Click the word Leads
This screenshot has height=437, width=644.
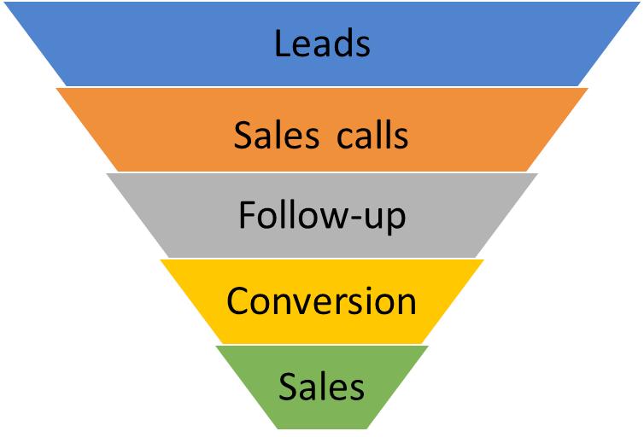point(322,43)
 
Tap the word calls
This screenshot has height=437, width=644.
point(369,134)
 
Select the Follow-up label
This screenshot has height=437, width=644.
point(322,217)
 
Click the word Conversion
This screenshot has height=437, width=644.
point(322,300)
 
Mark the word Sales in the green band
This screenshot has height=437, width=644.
point(322,387)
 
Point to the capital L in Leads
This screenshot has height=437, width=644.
point(283,43)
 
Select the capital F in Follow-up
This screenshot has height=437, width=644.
point(247,215)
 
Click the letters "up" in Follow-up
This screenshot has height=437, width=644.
point(386,219)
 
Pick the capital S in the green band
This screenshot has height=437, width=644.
point(288,387)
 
